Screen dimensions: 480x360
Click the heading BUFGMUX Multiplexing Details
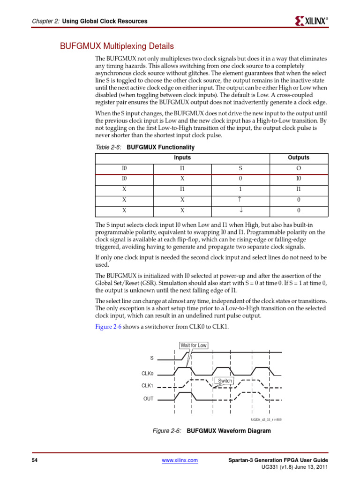(116, 46)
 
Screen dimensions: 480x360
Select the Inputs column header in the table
(182, 158)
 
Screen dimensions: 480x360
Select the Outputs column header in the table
(298, 158)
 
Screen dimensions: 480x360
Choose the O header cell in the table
(298, 168)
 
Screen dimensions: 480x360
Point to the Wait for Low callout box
(194, 345)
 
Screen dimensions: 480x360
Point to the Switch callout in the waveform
(225, 381)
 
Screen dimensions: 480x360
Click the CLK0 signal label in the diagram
(148, 374)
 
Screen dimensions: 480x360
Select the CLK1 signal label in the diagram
(148, 386)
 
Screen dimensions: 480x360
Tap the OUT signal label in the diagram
(148, 399)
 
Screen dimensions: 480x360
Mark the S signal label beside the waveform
(151, 358)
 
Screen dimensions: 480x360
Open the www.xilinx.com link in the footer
(180, 461)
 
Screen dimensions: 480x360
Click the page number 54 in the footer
(34, 461)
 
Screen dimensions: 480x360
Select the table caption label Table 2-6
(108, 147)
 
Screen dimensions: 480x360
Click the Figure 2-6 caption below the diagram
(211, 431)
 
